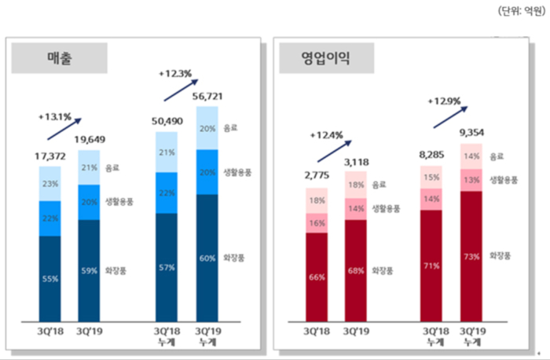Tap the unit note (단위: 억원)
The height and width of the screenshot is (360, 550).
519,10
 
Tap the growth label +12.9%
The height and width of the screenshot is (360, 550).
444,101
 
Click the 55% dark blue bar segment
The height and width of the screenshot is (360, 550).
49,279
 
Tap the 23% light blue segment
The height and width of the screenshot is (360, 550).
49,183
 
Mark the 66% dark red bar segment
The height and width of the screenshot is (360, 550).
317,277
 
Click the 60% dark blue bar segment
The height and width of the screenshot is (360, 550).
207,258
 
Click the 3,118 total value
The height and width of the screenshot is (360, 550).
355,162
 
